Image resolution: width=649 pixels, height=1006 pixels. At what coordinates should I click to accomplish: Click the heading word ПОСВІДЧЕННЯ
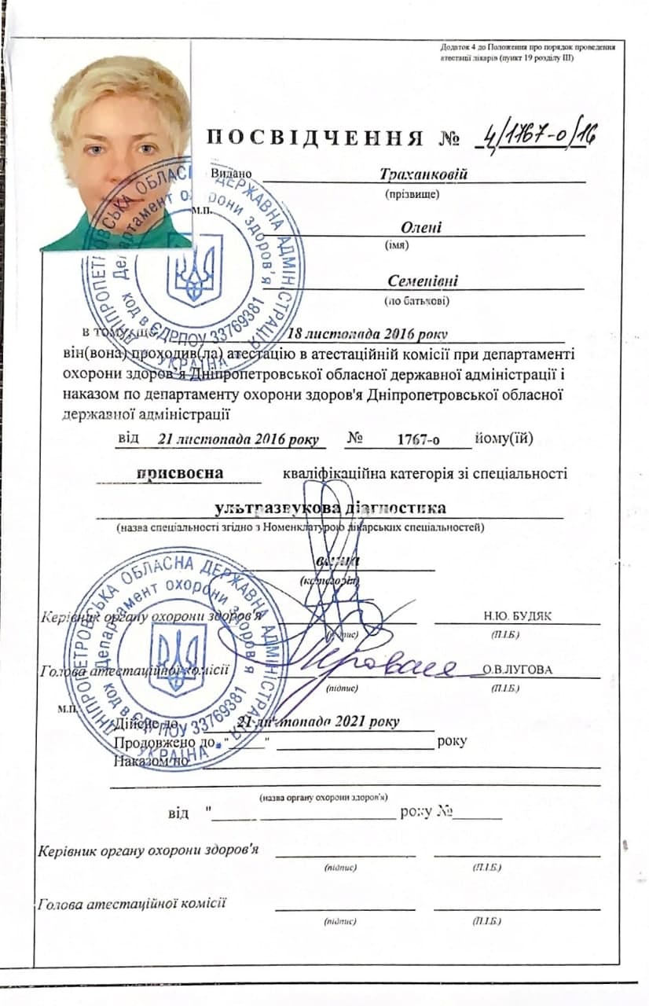click(x=314, y=138)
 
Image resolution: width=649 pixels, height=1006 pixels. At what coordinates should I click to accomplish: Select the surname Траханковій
click(x=423, y=174)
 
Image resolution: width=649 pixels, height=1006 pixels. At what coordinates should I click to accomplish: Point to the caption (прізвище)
click(x=412, y=193)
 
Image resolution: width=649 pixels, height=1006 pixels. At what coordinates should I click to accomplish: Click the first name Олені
click(x=421, y=228)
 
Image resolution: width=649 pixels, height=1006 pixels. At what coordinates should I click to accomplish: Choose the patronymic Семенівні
click(x=423, y=281)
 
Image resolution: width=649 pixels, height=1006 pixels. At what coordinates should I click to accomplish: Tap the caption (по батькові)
click(x=416, y=300)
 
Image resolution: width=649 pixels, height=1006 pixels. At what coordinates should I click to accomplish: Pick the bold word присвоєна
click(x=180, y=473)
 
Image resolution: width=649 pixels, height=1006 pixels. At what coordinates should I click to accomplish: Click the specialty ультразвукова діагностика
click(x=329, y=508)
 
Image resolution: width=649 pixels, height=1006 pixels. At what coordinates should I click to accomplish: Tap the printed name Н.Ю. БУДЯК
click(x=518, y=615)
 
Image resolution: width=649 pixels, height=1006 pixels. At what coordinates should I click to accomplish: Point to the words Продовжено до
click(x=165, y=741)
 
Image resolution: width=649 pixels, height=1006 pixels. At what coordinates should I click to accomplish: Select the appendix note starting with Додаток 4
click(x=527, y=53)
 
